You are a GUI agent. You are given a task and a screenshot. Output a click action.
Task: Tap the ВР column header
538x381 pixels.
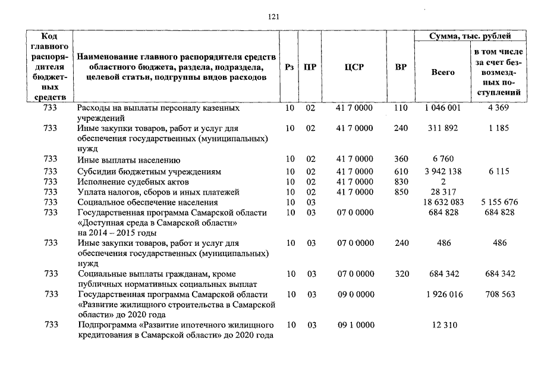[x=401, y=67]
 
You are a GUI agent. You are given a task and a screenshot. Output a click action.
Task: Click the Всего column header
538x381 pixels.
[x=442, y=72]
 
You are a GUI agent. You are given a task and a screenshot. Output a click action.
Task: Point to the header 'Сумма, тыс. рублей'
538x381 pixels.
[x=470, y=36]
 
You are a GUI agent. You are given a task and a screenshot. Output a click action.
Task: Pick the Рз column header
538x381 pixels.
[x=290, y=67]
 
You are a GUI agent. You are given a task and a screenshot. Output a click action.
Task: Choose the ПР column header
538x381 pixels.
[x=310, y=67]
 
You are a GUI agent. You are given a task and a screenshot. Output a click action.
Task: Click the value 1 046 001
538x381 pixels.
[x=443, y=108]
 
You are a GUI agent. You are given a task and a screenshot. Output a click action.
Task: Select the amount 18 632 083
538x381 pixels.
[x=443, y=202]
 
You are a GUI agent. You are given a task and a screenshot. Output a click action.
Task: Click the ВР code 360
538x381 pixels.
[x=401, y=160]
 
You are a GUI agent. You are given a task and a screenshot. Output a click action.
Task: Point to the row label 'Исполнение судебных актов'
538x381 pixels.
[x=133, y=182]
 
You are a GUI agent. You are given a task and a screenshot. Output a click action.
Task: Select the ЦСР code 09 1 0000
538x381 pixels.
[x=355, y=326]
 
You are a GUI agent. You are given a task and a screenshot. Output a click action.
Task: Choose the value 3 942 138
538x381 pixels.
[x=443, y=171]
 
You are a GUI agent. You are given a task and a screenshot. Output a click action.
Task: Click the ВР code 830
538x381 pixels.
[x=401, y=182]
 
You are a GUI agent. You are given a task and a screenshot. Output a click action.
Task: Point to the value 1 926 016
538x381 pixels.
[x=443, y=295]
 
